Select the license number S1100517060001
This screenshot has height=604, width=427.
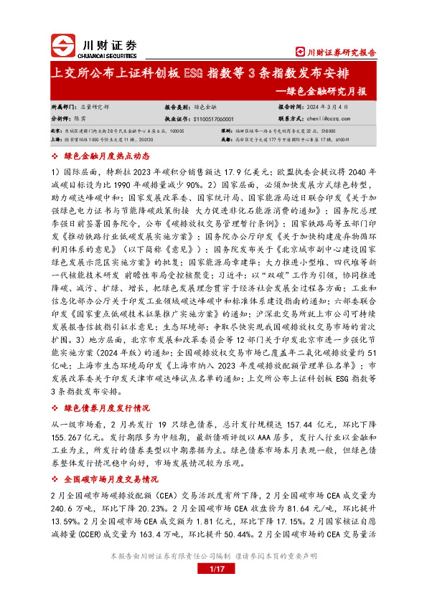pos(218,118)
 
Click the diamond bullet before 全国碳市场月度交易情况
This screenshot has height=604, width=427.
pos(56,498)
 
